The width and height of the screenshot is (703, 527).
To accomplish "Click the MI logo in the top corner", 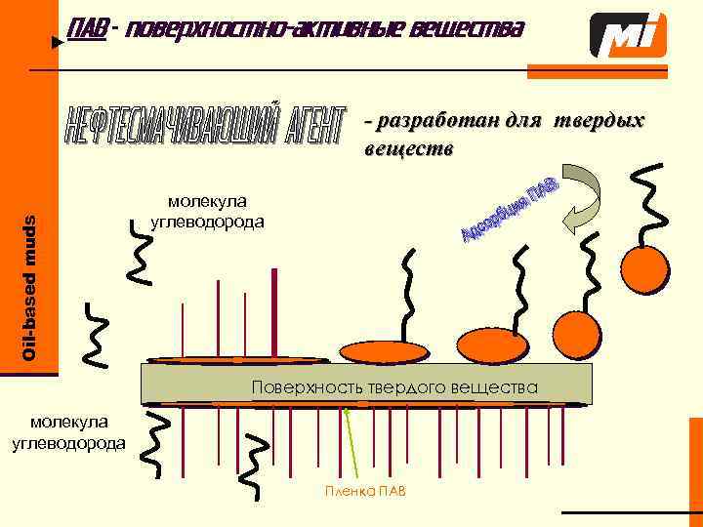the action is pyautogui.click(x=629, y=35).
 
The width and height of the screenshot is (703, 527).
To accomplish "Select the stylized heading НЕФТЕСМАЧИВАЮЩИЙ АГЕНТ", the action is pyautogui.click(x=206, y=126).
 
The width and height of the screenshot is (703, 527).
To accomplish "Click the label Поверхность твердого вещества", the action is pyautogui.click(x=394, y=386).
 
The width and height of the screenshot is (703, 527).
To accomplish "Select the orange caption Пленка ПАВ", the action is pyautogui.click(x=365, y=489).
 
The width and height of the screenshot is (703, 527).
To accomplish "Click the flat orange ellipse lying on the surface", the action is pyautogui.click(x=234, y=357).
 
